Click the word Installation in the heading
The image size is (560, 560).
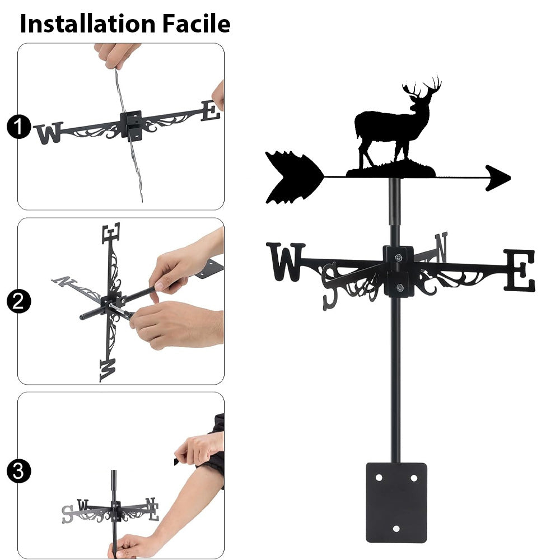[x=88, y=24]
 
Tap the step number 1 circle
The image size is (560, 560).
[x=18, y=127]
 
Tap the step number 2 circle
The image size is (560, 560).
[x=18, y=301]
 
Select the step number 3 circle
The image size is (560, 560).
[x=18, y=471]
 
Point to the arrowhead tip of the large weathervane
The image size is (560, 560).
[x=510, y=178]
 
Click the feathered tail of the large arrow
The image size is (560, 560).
[x=294, y=178]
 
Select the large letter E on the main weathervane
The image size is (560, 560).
[x=520, y=270]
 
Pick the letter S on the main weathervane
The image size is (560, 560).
[x=330, y=286]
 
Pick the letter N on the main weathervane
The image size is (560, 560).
[x=441, y=247]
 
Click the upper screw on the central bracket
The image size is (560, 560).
[x=399, y=257]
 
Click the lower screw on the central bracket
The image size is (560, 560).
[x=400, y=287]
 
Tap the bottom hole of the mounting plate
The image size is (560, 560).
[x=396, y=529]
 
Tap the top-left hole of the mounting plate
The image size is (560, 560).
[x=379, y=478]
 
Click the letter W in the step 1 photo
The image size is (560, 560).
[x=49, y=133]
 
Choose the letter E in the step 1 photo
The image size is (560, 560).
[x=210, y=111]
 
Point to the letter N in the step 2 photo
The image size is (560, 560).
[x=64, y=281]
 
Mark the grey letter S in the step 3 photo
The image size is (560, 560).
[x=68, y=514]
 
